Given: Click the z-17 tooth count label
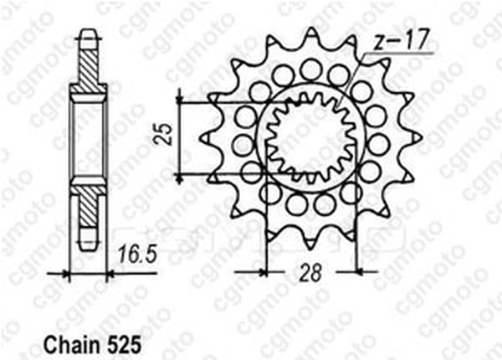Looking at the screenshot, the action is click(401, 41).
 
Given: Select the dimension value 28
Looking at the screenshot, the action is click(310, 274).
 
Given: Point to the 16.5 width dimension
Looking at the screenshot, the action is click(137, 255).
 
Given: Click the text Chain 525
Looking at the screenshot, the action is click(92, 345).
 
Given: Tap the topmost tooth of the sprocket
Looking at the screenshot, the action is click(311, 36).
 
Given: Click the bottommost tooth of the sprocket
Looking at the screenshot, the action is click(310, 241).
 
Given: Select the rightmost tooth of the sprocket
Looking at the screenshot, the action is click(414, 137).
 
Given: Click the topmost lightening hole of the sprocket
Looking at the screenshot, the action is click(310, 69).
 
